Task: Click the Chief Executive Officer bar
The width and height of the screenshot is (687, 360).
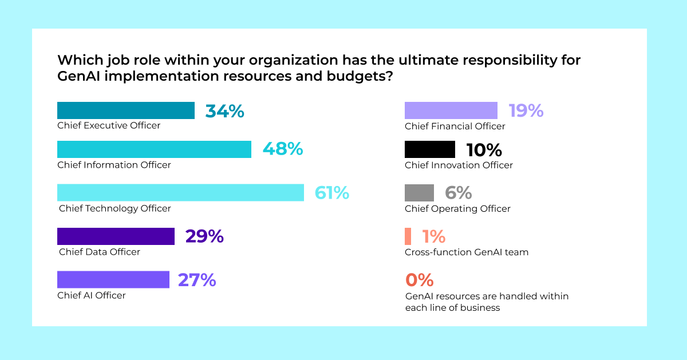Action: [x=126, y=110]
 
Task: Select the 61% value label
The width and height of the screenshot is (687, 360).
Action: [x=332, y=193]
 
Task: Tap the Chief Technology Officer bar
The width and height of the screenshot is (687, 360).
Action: [x=180, y=192]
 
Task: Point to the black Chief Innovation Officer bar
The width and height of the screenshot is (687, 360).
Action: [x=430, y=149]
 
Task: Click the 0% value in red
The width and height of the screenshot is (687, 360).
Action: [x=419, y=280]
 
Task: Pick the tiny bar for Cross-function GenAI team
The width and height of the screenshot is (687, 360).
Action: [x=408, y=236]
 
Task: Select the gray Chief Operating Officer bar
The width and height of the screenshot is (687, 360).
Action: [x=419, y=193]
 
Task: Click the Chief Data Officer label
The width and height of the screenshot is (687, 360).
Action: [x=100, y=252]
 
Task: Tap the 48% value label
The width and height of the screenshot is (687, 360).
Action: [x=282, y=149]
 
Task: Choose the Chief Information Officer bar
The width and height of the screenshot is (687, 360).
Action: [x=154, y=149]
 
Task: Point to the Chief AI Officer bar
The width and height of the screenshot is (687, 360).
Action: [x=113, y=279]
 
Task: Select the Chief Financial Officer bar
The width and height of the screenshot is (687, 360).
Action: [x=451, y=110]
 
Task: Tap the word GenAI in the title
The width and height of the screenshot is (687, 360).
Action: [x=82, y=77]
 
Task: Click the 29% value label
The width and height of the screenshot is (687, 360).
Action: [x=204, y=236]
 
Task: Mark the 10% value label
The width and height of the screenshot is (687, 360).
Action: [x=484, y=150]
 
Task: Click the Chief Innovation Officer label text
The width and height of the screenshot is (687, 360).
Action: [x=459, y=165]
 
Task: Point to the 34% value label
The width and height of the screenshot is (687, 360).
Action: [x=224, y=111]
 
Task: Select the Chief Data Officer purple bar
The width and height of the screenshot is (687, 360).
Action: [x=116, y=236]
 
